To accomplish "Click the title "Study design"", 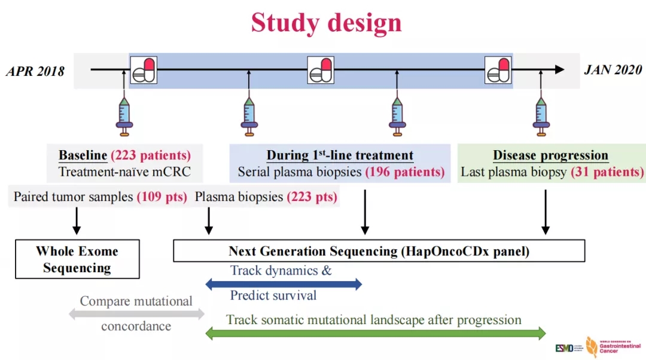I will coord(326,23).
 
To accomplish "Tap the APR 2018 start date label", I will coord(35,71).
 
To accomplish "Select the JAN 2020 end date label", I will coord(614,70).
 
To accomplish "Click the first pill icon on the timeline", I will coord(144,70).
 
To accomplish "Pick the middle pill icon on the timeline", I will coord(321,70).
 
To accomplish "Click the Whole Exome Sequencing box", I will coord(77,259).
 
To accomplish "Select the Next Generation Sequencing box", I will coord(379,251).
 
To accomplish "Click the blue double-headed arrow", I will coord(284,284).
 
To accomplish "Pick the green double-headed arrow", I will coord(376,333).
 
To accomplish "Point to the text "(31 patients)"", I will coord(607,172).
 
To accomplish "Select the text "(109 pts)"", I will coord(162,197).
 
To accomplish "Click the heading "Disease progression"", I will coord(550,155).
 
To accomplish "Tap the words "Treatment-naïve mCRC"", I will coord(125,172).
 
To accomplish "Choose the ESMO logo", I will coord(564,347).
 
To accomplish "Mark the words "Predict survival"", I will coord(273,295).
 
